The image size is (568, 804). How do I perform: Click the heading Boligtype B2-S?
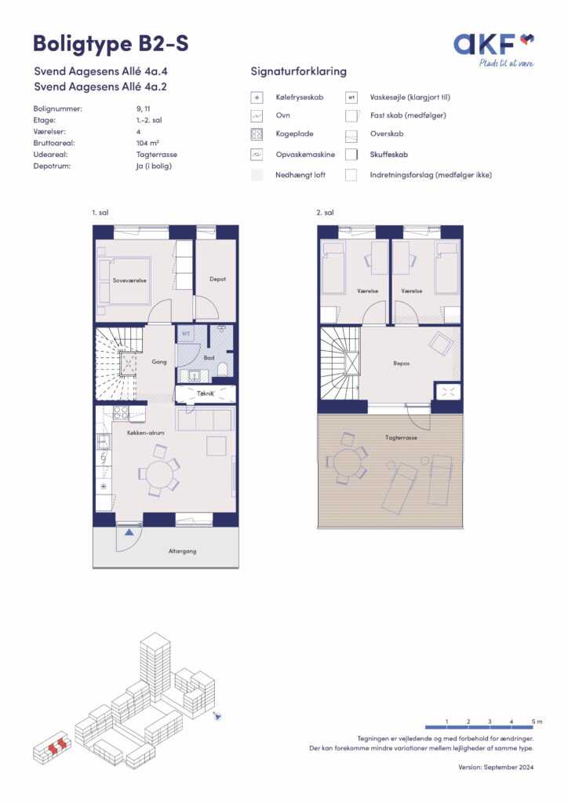coord(111,44)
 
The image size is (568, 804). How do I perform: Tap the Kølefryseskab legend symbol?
coord(257,97)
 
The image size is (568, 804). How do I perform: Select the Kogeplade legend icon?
coord(257,134)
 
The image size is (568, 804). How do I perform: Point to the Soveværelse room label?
coord(129,280)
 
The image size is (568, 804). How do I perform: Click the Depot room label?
coord(217,279)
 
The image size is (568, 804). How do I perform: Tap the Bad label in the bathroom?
coord(209,357)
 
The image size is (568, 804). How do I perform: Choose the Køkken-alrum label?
coord(145,433)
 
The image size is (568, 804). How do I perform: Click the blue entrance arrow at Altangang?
coord(129,532)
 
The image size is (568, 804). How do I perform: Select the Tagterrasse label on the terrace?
coord(401,437)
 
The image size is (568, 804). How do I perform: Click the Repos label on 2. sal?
coord(402,363)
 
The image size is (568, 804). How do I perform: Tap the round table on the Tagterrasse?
coord(348,462)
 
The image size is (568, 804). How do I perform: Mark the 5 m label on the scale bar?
coord(537,722)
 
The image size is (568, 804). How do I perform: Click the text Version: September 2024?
coord(496,767)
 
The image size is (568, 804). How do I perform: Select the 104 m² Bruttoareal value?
coord(147,143)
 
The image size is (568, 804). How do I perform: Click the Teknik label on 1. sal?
coord(206,393)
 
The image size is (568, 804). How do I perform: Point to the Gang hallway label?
coord(159,361)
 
